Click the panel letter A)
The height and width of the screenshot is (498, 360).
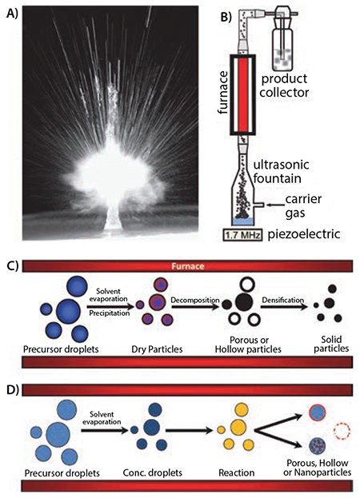tap(11, 10)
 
